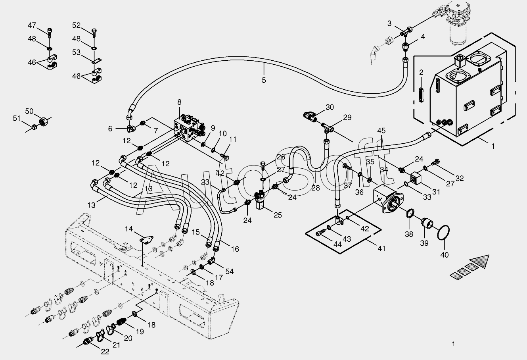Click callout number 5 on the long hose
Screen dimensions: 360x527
pyautogui.click(x=264, y=80)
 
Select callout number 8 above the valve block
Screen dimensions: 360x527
pyautogui.click(x=179, y=102)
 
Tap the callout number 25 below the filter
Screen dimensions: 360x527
pyautogui.click(x=278, y=215)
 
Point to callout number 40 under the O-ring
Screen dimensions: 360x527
pyautogui.click(x=445, y=255)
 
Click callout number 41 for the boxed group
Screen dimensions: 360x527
pyautogui.click(x=381, y=249)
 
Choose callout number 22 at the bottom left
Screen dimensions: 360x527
pyautogui.click(x=104, y=351)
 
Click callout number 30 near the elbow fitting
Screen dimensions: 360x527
pyautogui.click(x=330, y=107)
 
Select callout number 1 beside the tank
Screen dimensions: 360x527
pyautogui.click(x=493, y=146)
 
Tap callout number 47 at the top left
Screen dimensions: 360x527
pyautogui.click(x=32, y=26)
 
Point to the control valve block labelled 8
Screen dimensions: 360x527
pyautogui.click(x=190, y=127)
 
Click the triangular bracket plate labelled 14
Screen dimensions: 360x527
pyautogui.click(x=147, y=240)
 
